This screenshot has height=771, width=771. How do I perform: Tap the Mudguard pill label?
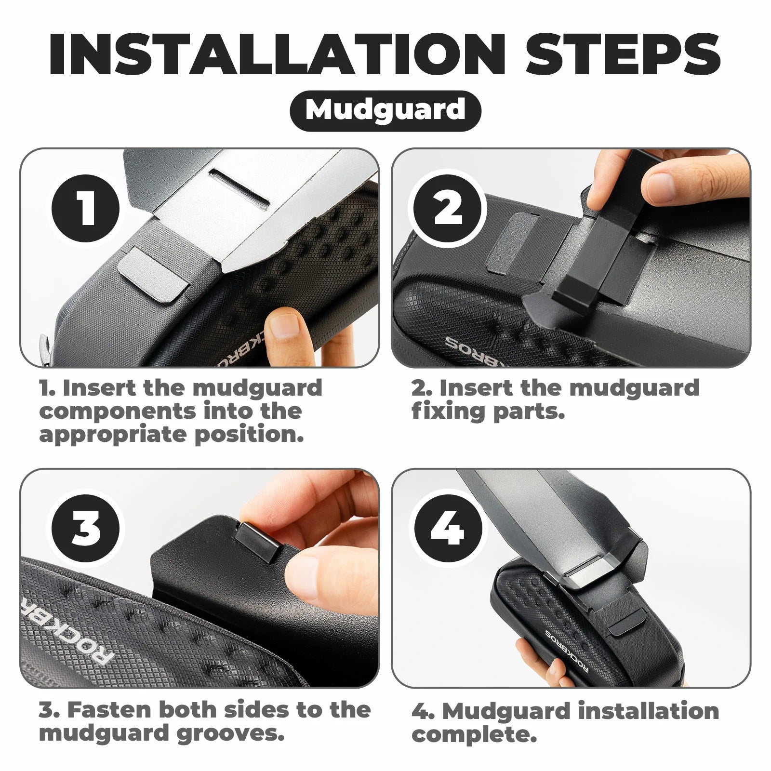click(x=385, y=110)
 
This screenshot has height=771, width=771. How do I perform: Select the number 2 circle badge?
click(x=447, y=209)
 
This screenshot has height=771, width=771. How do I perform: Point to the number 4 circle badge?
click(x=447, y=529)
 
